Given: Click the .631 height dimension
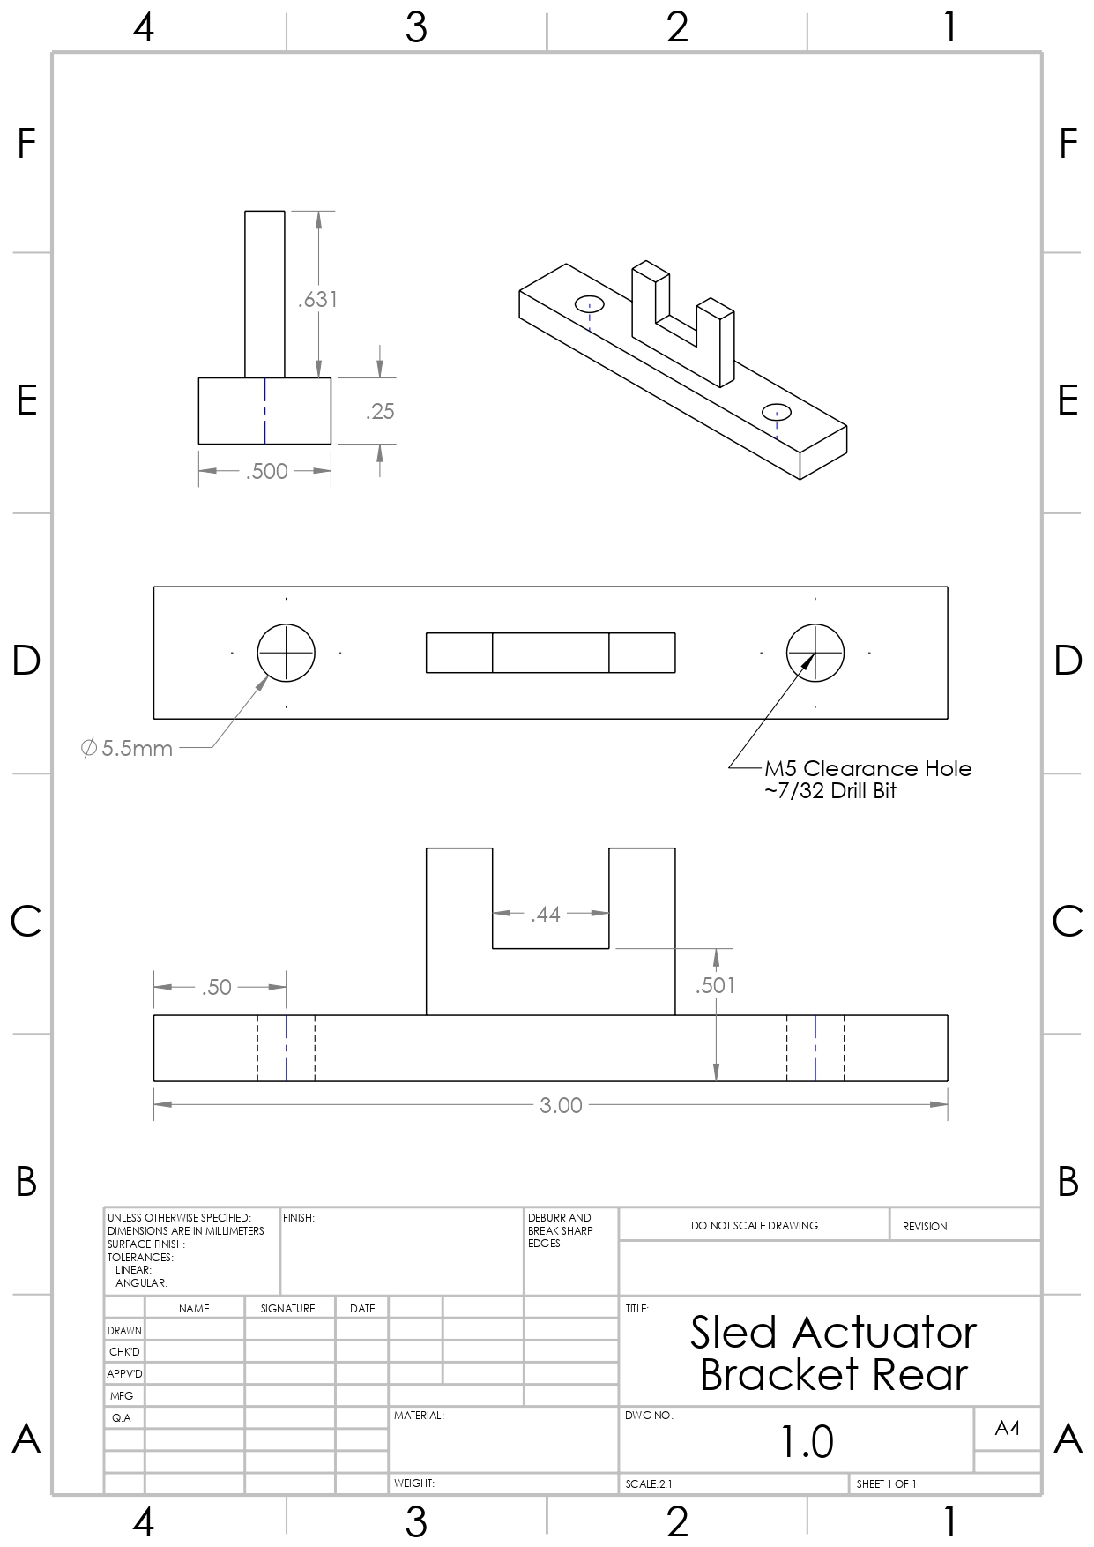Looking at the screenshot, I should coord(317,300).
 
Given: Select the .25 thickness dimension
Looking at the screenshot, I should coord(380,412).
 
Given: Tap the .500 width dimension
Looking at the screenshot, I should coord(267,471).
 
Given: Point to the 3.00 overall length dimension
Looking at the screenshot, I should coord(561,1105).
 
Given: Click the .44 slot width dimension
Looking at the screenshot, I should coord(546,915).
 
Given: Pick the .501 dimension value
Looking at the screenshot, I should coord(714,985).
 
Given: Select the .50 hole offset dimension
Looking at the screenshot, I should coord(216,987).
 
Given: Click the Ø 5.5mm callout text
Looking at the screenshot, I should coord(127,749).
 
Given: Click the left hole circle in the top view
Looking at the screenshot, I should coord(286,653).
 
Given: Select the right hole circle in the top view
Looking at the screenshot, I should coord(815,653).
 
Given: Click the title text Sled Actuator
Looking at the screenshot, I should coord(833,1333).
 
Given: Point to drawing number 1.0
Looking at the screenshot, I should coord(807,1441).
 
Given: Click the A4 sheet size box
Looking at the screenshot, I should coord(1007,1428).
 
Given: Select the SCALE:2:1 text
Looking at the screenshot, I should coord(649,1484).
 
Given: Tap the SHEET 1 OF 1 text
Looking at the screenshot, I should coord(886,1484).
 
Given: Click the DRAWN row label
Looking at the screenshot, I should coord(124,1330).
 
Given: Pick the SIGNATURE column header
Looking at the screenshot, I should coord(287,1308).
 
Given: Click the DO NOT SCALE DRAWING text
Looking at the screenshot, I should coord(754,1225).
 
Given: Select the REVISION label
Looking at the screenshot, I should coord(924,1226).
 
